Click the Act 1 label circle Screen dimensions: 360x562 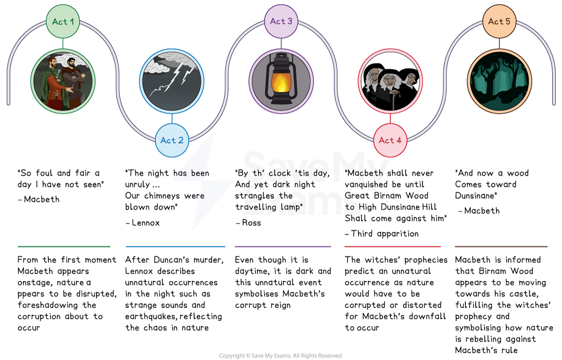pos(63,21)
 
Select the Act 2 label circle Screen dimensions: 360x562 pos(172,140)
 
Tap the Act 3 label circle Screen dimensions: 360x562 pos(281,21)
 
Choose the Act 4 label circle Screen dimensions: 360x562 pos(390,140)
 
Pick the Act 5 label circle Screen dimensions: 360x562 pos(499,21)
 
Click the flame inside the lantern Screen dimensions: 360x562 pos(281,83)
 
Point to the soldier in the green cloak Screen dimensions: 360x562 pos(53,82)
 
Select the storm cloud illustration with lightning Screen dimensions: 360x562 pos(172,81)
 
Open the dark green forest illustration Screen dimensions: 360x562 pos(499,81)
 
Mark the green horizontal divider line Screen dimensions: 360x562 pos(64,246)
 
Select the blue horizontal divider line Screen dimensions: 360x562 pos(175,246)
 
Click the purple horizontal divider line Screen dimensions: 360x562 pos(283,246)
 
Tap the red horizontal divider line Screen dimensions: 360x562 pos(392,246)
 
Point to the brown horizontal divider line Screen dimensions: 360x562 pos(501,246)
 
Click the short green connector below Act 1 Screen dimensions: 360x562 pos(63,43)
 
